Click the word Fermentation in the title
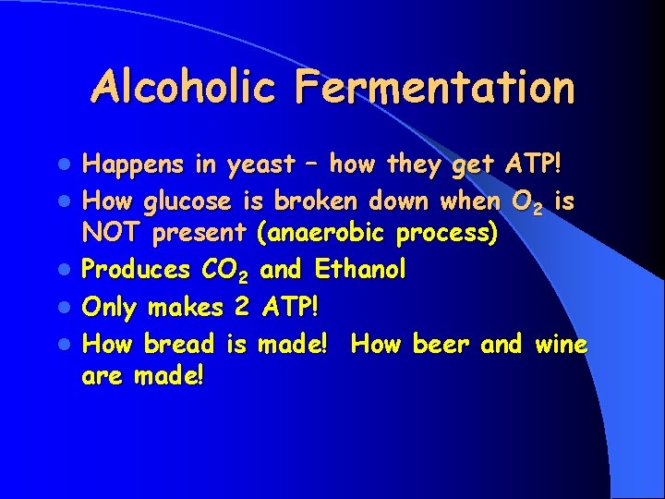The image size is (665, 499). coord(436,88)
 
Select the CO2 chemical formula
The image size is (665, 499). coord(227,272)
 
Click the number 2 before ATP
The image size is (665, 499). coord(243,307)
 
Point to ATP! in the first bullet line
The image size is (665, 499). coord(542,166)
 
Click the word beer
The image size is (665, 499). coord(441,344)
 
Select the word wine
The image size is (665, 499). coord(561,344)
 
